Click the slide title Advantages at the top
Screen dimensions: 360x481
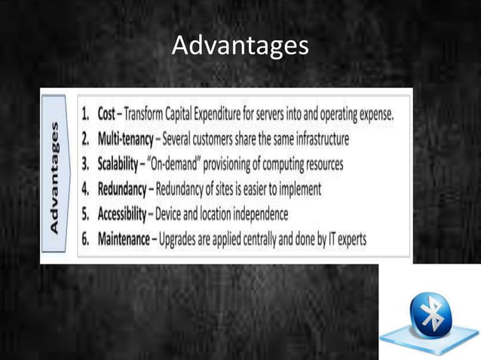point(240,46)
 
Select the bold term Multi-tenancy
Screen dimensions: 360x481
point(125,140)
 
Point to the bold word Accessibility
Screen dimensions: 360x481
point(122,214)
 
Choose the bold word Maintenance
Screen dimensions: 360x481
point(126,239)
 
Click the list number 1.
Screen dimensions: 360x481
point(87,115)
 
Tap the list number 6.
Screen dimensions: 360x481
point(87,239)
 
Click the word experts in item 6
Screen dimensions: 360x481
point(349,239)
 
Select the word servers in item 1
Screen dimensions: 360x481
point(280,115)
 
